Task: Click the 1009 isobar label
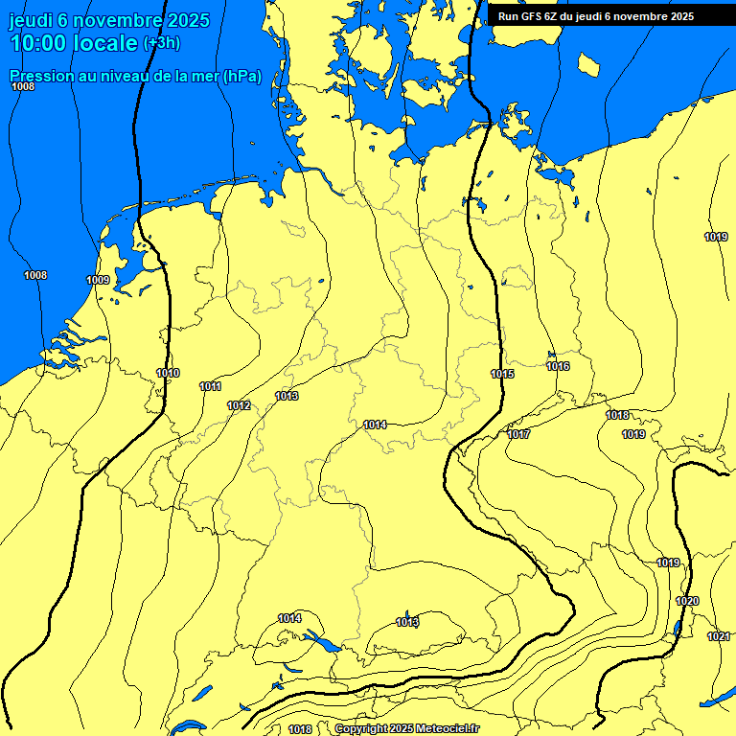98,280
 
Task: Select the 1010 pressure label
168,373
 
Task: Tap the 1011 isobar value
211,386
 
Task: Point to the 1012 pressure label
239,405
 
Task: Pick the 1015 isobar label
502,374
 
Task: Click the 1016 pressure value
558,366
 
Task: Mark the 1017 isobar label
518,434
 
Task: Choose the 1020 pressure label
687,601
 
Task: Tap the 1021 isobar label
718,636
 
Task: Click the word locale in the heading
101,43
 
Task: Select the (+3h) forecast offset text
161,43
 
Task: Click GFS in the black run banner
528,16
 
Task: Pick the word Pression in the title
37,77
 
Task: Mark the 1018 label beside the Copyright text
300,729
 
